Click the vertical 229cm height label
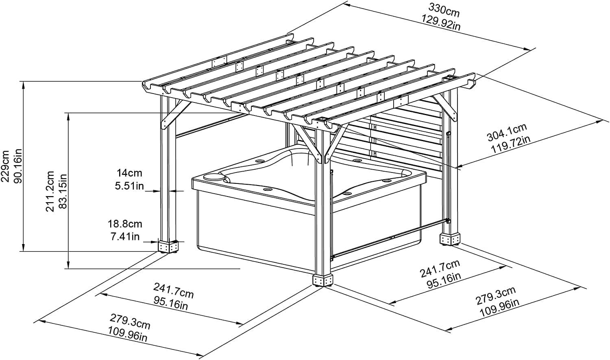pyautogui.click(x=6, y=166)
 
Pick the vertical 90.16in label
pyautogui.click(x=18, y=166)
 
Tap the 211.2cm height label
pyautogui.click(x=50, y=191)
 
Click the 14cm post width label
pyautogui.click(x=129, y=173)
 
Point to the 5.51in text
pyautogui.click(x=129, y=186)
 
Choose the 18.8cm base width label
pyautogui.click(x=125, y=224)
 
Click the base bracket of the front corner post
pyautogui.click(x=323, y=280)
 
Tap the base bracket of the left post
pyautogui.click(x=168, y=247)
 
